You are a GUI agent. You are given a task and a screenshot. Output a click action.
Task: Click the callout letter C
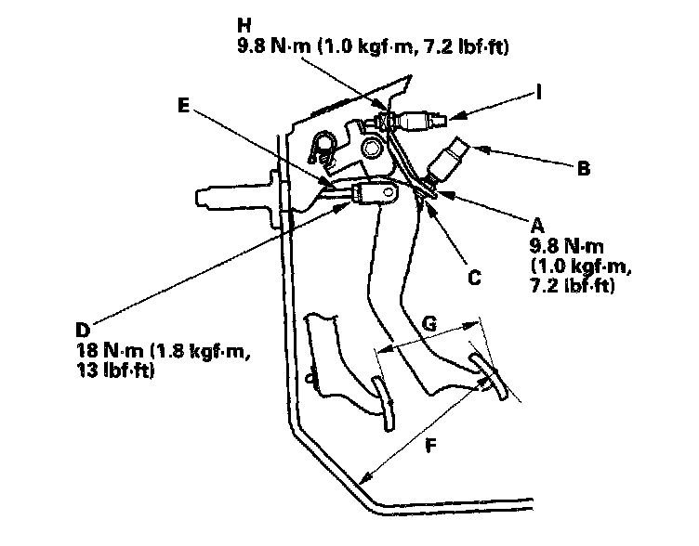point(474,276)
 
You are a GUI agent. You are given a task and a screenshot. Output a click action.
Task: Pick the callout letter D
point(83,330)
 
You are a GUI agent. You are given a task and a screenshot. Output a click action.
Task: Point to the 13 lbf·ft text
point(116,370)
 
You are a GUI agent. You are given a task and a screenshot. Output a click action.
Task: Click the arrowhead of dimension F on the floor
point(366,479)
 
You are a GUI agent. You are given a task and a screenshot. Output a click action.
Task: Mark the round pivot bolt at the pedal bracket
point(372,147)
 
